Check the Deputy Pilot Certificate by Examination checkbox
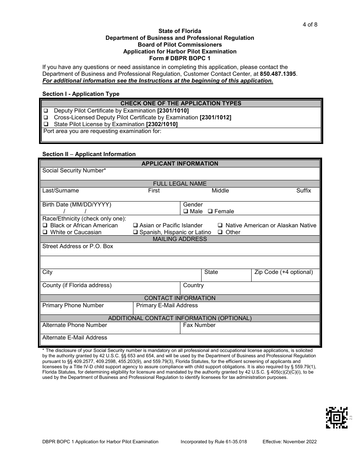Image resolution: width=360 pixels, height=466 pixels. (46, 111)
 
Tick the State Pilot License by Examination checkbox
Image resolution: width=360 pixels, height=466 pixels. (46, 124)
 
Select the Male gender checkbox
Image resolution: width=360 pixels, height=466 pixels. (186, 211)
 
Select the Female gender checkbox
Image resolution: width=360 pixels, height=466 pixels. (210, 211)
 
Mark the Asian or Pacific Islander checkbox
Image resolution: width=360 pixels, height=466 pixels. (136, 225)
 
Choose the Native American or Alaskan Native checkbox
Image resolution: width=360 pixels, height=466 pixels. (220, 225)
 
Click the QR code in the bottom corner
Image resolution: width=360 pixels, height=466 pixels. (337, 418)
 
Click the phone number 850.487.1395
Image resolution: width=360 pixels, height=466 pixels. (278, 74)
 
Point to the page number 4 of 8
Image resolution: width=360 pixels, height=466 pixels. (310, 25)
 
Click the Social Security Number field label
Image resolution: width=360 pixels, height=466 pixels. (74, 170)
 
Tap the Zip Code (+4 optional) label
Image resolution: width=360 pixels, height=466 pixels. (283, 272)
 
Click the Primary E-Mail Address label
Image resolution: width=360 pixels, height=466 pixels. (167, 305)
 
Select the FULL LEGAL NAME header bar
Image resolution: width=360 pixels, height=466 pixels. (180, 184)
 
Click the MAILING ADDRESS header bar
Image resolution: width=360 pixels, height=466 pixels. (180, 239)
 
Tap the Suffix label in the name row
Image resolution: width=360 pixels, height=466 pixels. (304, 191)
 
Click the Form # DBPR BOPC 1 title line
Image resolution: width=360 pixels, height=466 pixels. (180, 58)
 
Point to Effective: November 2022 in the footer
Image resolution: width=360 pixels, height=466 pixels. (290, 441)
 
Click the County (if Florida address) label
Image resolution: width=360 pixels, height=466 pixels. (77, 285)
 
